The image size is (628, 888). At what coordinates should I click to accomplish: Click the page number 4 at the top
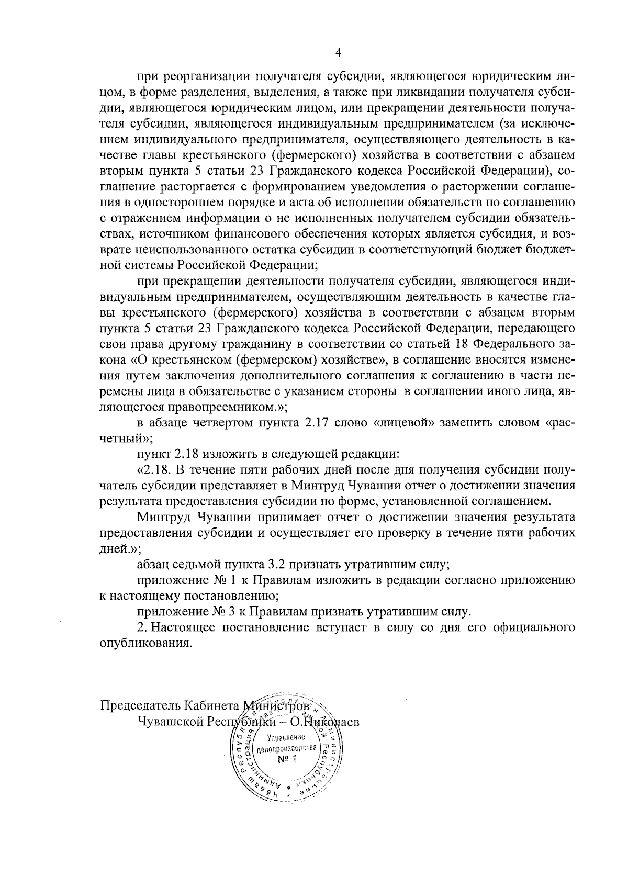(x=338, y=52)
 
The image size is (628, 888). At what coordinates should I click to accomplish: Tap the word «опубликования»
(x=143, y=643)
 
